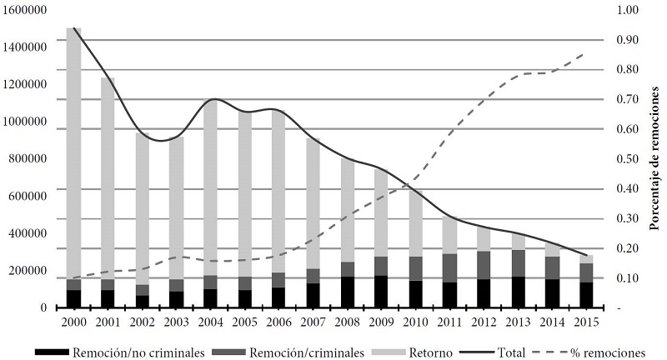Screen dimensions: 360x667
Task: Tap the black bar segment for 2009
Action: pos(381,291)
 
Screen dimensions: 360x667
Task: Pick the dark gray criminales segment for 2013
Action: pos(518,263)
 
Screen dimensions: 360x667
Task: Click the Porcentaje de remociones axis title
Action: pos(654,158)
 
